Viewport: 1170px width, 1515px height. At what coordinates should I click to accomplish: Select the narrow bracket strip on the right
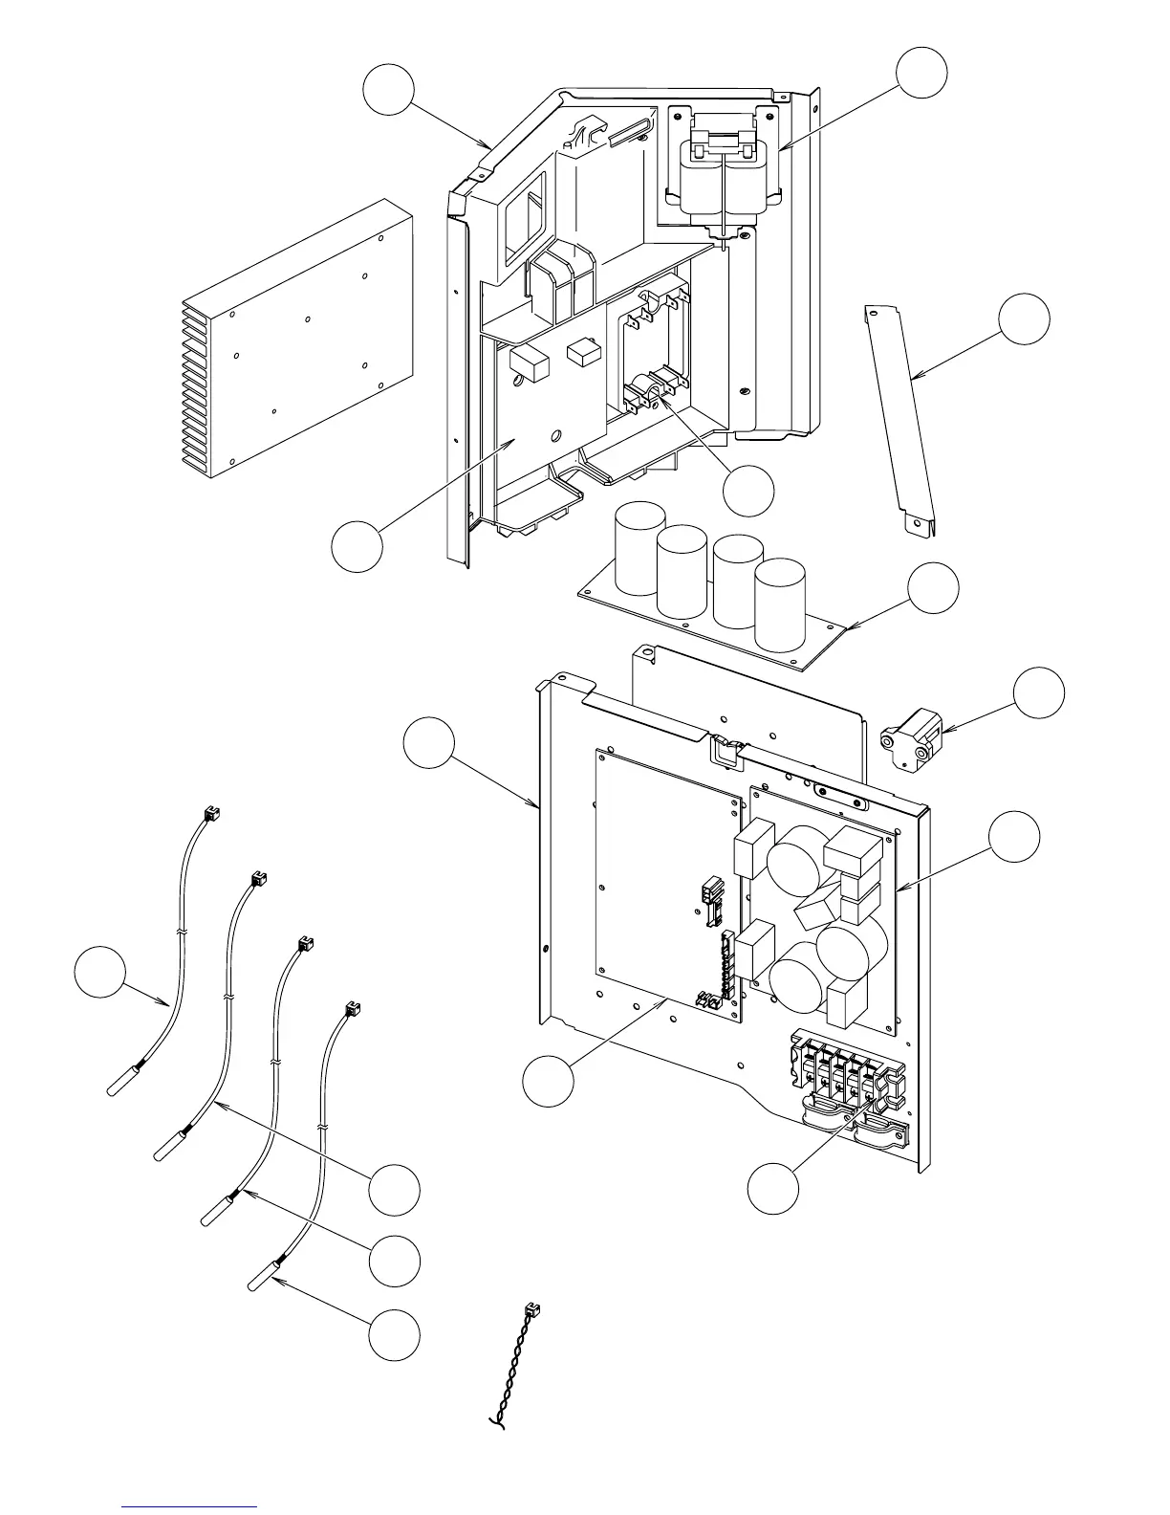pos(904,421)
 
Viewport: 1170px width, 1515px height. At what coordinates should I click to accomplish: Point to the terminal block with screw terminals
pos(841,1076)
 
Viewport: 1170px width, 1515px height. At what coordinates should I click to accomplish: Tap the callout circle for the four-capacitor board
pos(933,588)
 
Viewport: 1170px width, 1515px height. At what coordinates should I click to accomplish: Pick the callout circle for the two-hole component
pos(1039,692)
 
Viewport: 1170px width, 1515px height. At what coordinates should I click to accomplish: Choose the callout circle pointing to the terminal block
pos(772,1189)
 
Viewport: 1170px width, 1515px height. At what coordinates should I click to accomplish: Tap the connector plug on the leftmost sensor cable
pos(211,814)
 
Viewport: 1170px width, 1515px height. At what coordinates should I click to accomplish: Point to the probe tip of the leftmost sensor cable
pos(119,1083)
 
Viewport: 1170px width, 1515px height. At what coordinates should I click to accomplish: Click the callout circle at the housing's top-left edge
pos(388,91)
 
